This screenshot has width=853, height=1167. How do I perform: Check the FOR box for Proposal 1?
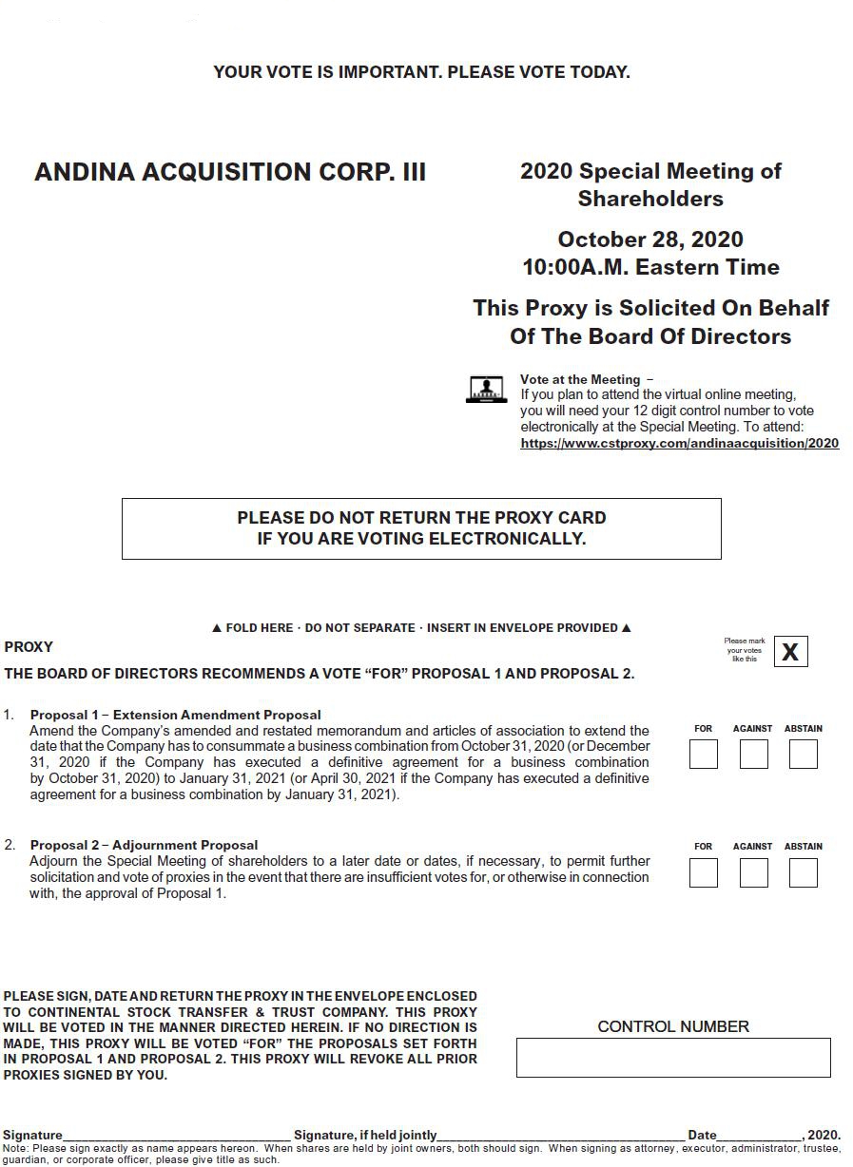pos(703,755)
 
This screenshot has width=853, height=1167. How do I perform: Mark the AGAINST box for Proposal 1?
pos(753,755)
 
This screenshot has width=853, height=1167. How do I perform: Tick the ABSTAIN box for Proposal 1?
pos(803,755)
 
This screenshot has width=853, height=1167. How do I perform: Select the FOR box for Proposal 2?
pos(703,872)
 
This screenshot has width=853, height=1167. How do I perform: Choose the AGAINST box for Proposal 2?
pos(753,872)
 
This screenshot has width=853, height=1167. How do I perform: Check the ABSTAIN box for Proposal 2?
pos(803,872)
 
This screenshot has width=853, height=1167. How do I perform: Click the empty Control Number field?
pos(673,1058)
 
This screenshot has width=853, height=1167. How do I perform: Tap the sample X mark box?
pos(790,652)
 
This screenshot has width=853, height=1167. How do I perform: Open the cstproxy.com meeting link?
pos(679,443)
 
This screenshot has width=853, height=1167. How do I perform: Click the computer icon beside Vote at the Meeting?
pos(486,389)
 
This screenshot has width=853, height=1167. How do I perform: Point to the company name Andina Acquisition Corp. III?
pos(230,172)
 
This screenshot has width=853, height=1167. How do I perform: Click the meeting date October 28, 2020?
pos(650,239)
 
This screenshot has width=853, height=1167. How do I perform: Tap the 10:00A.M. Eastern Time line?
pos(650,267)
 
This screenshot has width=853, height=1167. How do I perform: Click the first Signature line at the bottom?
pos(177,1134)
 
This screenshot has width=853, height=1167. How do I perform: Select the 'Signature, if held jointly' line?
pos(561,1134)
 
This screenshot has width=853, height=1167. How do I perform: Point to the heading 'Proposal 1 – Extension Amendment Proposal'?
pos(176,715)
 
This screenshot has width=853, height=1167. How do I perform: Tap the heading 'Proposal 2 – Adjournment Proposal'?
pos(144,845)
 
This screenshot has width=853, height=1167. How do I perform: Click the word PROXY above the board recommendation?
pos(29,647)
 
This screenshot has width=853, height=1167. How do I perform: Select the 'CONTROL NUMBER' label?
pos(673,1026)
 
